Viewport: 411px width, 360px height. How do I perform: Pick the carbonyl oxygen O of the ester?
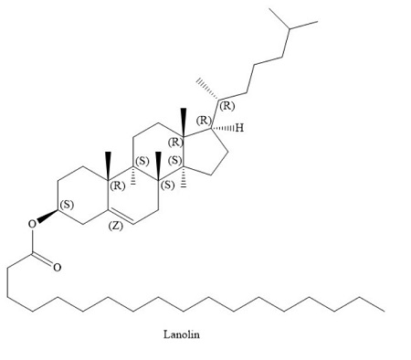click(x=57, y=268)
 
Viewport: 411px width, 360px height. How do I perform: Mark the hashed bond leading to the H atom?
click(x=224, y=126)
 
